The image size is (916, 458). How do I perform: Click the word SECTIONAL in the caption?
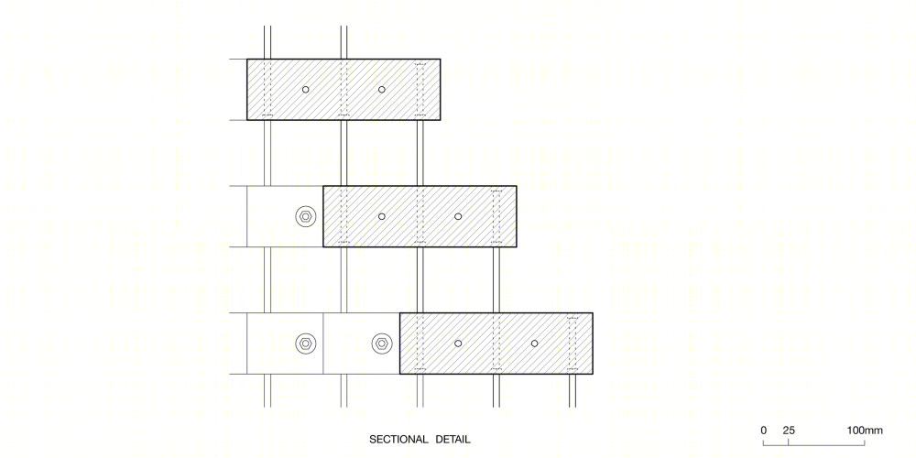tap(399, 440)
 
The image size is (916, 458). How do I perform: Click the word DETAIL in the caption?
tap(453, 440)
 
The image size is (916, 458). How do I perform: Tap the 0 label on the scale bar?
tap(764, 431)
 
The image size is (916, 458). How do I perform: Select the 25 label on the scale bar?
tap(789, 431)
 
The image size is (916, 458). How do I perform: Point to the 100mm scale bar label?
tap(866, 431)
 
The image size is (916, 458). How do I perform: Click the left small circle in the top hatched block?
tap(306, 90)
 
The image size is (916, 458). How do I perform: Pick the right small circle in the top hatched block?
tap(381, 90)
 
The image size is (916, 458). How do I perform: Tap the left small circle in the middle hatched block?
tap(381, 216)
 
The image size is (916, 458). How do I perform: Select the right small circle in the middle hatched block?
tap(458, 216)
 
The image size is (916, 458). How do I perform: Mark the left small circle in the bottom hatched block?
tap(458, 343)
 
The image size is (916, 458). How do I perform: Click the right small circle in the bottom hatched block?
tap(534, 343)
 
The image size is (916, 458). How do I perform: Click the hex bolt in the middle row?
tap(305, 216)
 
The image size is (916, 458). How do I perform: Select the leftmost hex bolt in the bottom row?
tap(305, 343)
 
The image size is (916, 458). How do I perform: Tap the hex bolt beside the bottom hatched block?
tap(381, 343)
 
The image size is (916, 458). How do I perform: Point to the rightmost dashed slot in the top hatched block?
tap(420, 90)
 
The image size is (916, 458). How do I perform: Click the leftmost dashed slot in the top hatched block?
tap(267, 90)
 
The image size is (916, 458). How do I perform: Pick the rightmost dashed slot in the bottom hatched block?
tap(572, 343)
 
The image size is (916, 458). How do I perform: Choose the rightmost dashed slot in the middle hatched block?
tap(496, 216)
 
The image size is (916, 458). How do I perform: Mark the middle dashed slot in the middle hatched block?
tap(420, 216)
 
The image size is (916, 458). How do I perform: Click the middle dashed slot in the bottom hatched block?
tap(496, 343)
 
